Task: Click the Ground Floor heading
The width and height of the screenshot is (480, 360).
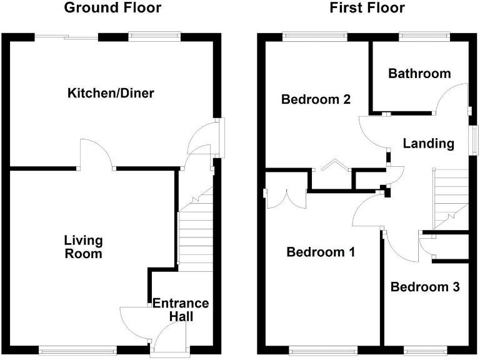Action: pos(112,8)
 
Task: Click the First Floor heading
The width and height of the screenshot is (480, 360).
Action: pos(366,8)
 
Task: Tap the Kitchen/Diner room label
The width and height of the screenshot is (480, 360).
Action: pos(111,94)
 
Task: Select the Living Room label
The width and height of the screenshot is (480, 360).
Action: pos(83,247)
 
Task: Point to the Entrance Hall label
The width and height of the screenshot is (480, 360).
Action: pos(181,310)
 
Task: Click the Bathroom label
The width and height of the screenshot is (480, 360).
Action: pos(419,74)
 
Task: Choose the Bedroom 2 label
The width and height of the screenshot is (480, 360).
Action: pos(316,99)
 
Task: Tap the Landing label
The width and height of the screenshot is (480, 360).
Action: pos(428,144)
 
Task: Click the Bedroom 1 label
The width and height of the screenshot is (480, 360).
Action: pos(321,252)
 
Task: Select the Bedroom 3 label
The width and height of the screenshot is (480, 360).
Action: pos(425,287)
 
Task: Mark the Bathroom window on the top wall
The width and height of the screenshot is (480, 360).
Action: pos(424,36)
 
